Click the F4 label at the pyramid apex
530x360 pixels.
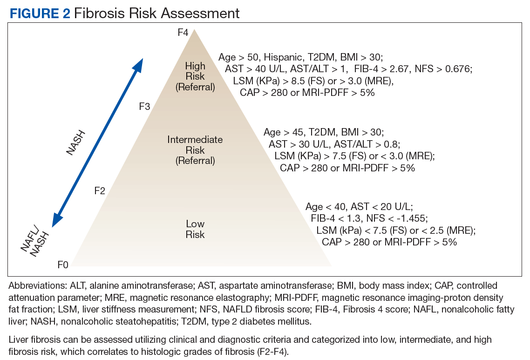pyautogui.click(x=183, y=33)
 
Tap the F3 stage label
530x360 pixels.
pyautogui.click(x=144, y=107)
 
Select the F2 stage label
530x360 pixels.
pyautogui.click(x=100, y=190)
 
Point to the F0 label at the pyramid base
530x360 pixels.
pyautogui.click(x=63, y=265)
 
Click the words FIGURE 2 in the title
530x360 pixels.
pyautogui.click(x=40, y=13)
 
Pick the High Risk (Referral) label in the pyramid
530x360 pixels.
pyautogui.click(x=195, y=76)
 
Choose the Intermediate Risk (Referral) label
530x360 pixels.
pyautogui.click(x=195, y=150)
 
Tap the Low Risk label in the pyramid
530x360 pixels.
pyautogui.click(x=195, y=229)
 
